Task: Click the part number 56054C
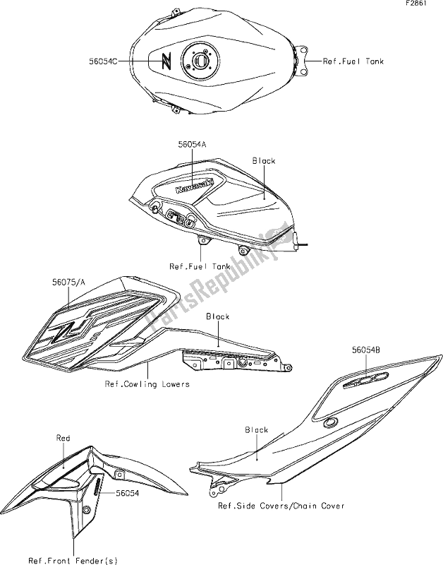tap(103, 61)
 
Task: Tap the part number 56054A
tap(192, 145)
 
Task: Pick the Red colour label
tap(63, 438)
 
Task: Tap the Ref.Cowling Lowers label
tap(147, 384)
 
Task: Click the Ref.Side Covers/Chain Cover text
tap(281, 506)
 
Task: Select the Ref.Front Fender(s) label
tap(73, 561)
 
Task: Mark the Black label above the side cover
tap(257, 430)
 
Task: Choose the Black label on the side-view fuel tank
tap(263, 161)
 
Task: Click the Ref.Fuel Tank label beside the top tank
tap(353, 61)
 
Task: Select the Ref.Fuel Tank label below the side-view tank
tap(200, 267)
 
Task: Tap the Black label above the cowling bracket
tap(218, 316)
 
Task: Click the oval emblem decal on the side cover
tap(366, 380)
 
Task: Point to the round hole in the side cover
tap(330, 422)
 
